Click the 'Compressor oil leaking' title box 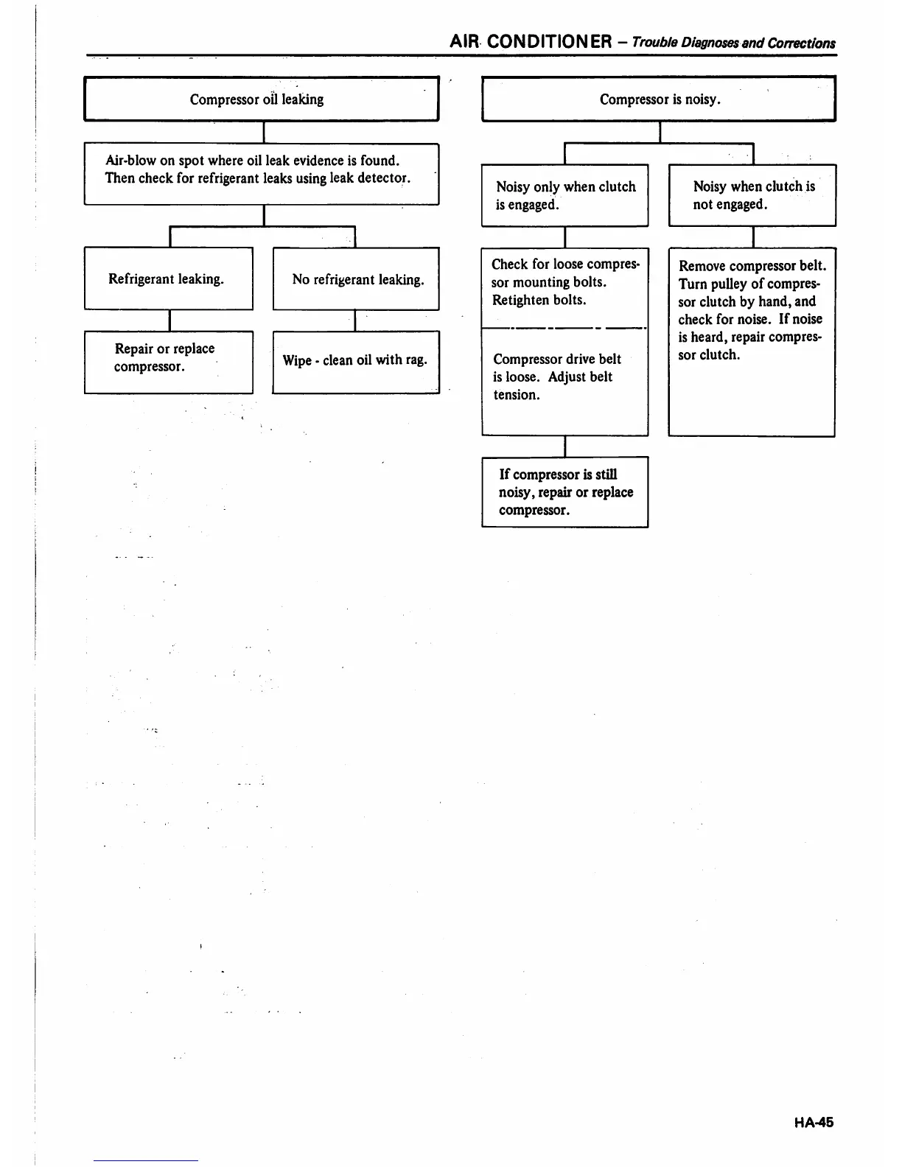(x=261, y=99)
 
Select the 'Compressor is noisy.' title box (x=658, y=99)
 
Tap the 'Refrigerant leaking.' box (x=168, y=278)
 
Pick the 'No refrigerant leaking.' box (x=356, y=278)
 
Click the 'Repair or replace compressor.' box (x=168, y=362)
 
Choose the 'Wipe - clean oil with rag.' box (x=355, y=362)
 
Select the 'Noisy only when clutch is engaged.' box (x=564, y=195)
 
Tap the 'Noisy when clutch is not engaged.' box (x=752, y=195)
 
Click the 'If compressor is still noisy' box (x=564, y=491)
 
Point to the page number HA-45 (x=814, y=1122)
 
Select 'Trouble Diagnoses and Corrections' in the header (x=733, y=43)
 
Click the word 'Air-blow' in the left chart (x=130, y=160)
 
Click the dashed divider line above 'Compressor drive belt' (x=564, y=328)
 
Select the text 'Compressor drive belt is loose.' (x=556, y=368)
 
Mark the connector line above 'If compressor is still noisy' (x=564, y=446)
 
